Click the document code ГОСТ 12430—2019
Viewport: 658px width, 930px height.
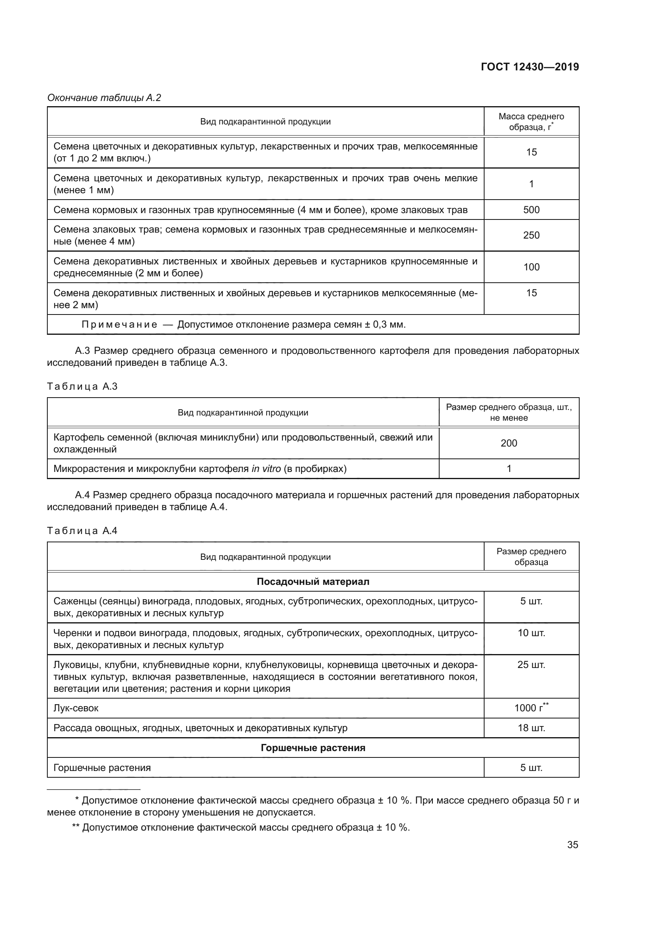[x=530, y=67]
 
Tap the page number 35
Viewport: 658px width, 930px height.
[x=572, y=845]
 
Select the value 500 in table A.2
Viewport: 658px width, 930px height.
[x=531, y=210]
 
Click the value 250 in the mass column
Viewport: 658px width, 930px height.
[x=531, y=235]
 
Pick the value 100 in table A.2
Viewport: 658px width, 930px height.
[x=531, y=267]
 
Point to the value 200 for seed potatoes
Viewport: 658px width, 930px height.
[x=508, y=443]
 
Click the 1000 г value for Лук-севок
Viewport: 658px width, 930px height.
[x=531, y=708]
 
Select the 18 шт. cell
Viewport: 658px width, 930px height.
[x=531, y=728]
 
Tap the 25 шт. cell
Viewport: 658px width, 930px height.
[x=531, y=665]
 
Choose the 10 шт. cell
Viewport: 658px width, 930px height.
[x=531, y=633]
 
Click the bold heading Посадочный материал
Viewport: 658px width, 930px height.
[x=313, y=582]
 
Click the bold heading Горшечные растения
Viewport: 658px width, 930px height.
[x=313, y=748]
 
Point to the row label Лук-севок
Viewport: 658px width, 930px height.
[x=76, y=708]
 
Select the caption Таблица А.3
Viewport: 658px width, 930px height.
[x=82, y=386]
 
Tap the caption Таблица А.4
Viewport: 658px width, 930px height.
[x=82, y=531]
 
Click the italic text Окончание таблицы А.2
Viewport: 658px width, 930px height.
[x=104, y=98]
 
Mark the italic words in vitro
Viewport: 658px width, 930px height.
[x=266, y=469]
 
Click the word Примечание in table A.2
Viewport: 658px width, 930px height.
[x=119, y=324]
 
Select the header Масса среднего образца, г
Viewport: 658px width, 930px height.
[x=531, y=122]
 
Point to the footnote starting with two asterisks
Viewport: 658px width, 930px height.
[x=241, y=827]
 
